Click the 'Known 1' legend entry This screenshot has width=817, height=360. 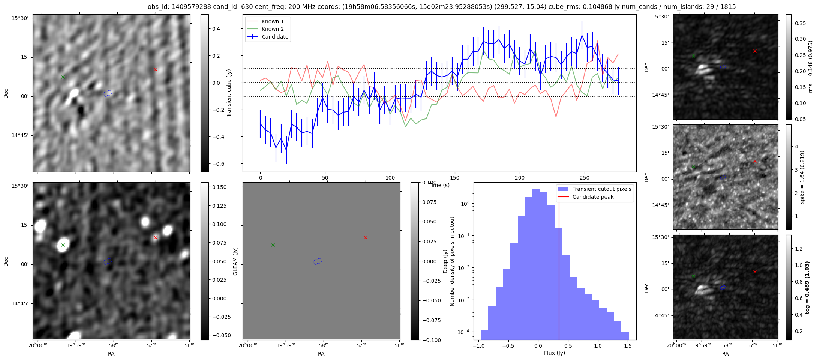pos(273,21)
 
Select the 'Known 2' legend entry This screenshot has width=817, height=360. pos(273,29)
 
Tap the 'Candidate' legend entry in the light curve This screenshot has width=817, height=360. pos(275,37)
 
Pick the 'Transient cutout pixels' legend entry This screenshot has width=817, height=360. pos(601,189)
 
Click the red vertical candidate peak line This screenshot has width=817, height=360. pos(559,262)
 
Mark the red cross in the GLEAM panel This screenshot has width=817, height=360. pos(366,237)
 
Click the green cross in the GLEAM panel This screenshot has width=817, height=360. pos(273,245)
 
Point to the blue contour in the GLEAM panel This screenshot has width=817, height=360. pos(318,261)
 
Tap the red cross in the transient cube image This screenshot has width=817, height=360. pos(156,69)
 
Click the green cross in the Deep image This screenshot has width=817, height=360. pos(63,245)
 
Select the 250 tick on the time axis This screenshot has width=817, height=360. pos(585,178)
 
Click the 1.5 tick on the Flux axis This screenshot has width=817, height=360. pos(627,346)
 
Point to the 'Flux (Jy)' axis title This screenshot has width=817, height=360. pos(554,353)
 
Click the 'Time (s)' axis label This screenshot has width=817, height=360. pos(439,185)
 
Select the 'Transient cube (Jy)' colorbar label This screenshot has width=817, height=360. pos(229,93)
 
